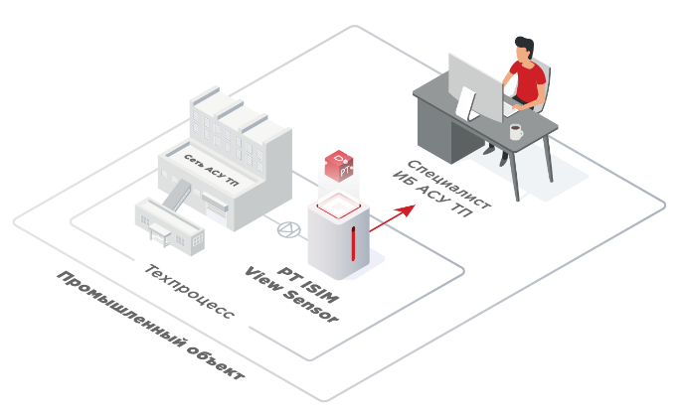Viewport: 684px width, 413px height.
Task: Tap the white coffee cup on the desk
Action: [515, 131]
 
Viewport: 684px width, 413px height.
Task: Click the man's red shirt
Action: [527, 79]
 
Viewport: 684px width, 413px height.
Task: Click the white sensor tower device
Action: [336, 243]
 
